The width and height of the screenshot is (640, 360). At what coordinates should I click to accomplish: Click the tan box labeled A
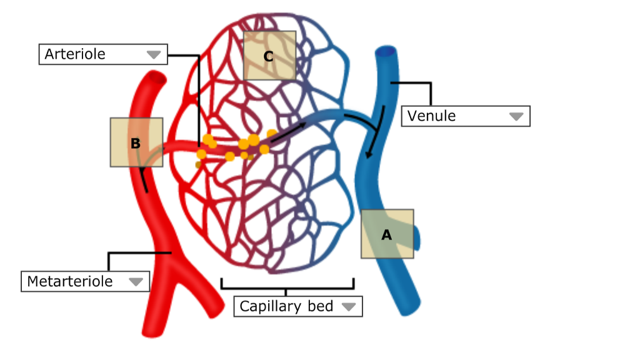387,234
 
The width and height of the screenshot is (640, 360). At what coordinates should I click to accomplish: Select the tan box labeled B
136,142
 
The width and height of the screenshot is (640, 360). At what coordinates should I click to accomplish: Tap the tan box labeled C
269,56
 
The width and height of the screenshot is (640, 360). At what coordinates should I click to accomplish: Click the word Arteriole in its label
75,54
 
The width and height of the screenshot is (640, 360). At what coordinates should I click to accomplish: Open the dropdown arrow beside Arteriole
153,55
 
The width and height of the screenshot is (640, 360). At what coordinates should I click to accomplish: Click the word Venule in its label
432,116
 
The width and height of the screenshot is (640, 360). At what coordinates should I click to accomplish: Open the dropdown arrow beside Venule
516,117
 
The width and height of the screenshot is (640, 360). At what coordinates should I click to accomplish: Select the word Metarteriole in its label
70,281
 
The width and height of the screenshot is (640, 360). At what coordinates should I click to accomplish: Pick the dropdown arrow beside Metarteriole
136,282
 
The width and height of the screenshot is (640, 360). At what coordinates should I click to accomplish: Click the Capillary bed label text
286,307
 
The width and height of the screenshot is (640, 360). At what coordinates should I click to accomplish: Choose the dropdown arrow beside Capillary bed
348,307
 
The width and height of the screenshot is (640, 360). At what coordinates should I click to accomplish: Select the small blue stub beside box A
417,237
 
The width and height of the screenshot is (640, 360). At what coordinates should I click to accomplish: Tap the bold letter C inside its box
269,56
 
